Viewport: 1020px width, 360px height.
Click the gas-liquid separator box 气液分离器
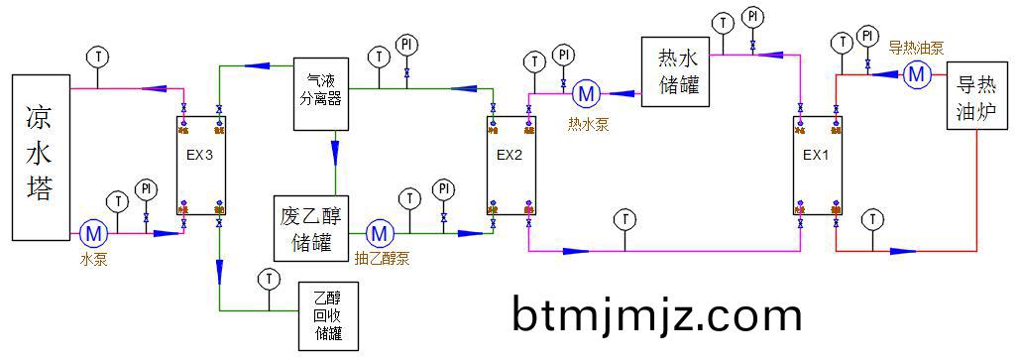tap(321, 93)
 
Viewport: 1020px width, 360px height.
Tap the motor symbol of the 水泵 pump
tap(94, 234)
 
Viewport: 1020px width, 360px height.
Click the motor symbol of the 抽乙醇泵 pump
tap(380, 234)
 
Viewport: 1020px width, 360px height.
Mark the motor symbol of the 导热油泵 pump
tap(916, 73)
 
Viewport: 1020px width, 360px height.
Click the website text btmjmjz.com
tap(657, 315)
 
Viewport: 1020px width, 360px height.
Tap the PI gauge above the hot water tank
tap(753, 17)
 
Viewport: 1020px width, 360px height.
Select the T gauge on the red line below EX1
tap(872, 218)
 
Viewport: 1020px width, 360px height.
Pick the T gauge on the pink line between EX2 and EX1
tap(624, 218)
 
